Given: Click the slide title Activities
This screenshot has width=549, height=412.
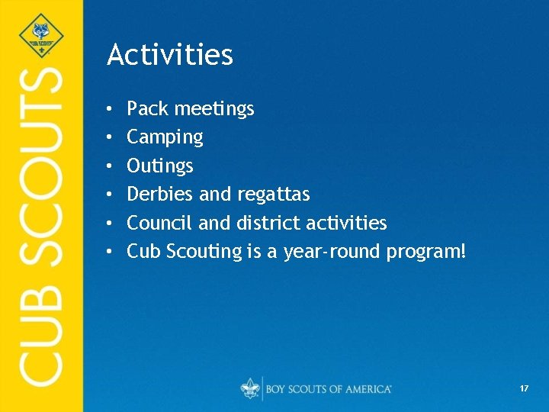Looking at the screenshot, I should (x=170, y=55).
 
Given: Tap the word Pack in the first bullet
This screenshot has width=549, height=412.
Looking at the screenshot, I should (x=147, y=109).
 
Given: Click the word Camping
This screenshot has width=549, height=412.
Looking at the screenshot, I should (x=165, y=138).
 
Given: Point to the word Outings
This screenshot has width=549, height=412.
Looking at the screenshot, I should (x=160, y=166).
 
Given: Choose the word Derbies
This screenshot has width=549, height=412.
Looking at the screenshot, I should (x=160, y=195).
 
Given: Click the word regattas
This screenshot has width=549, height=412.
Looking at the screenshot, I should (x=274, y=195).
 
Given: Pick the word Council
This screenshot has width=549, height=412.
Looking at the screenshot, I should (x=159, y=223).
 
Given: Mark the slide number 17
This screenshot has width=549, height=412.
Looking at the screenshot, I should (x=524, y=389).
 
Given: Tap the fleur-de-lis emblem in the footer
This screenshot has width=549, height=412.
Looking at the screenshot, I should (x=249, y=388).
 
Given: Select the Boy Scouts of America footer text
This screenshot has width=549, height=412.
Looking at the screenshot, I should (x=329, y=389).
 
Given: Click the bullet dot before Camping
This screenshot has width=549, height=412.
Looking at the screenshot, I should (x=111, y=138).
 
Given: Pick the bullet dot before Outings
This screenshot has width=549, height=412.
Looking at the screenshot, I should (x=111, y=166).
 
